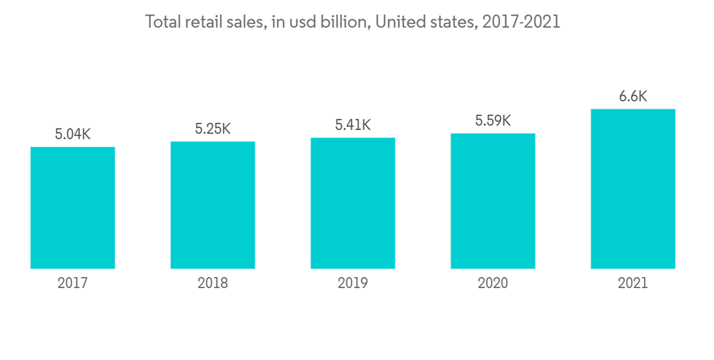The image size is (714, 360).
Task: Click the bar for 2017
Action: [73, 207]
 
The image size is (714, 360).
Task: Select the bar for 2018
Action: [213, 205]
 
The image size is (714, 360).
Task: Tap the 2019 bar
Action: [353, 203]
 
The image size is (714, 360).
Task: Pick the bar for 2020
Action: [493, 201]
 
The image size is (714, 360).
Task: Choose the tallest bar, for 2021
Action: [633, 189]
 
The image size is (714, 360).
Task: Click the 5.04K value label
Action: [73, 134]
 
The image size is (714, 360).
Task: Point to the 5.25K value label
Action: [213, 129]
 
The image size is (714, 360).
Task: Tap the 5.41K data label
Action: [353, 125]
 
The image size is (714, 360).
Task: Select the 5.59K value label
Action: [493, 121]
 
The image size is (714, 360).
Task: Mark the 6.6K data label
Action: [633, 96]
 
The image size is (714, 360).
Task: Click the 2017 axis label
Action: [73, 284]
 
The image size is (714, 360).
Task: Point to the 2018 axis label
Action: [213, 284]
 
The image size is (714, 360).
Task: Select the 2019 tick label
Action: [353, 284]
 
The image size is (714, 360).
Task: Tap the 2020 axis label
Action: [493, 284]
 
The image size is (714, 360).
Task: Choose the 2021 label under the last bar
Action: [633, 284]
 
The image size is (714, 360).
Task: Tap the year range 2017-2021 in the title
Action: [521, 22]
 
